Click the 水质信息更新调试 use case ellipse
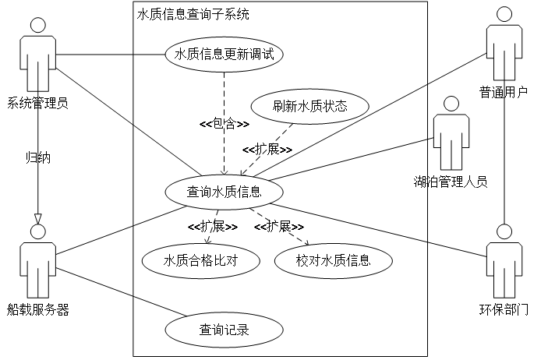[x=224, y=55]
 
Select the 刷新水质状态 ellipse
[x=309, y=106]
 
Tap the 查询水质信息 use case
[x=224, y=192]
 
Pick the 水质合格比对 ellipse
[x=200, y=260]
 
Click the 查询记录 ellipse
[x=224, y=330]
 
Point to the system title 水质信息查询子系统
[x=193, y=15]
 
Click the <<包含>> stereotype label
[x=225, y=123]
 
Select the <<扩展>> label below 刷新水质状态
[x=267, y=149]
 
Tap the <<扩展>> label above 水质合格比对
[x=212, y=227]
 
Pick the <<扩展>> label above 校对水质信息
[x=278, y=227]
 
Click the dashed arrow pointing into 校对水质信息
[x=281, y=227]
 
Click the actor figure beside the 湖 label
[x=451, y=132]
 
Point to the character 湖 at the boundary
[x=420, y=182]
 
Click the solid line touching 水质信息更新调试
[x=150, y=55]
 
